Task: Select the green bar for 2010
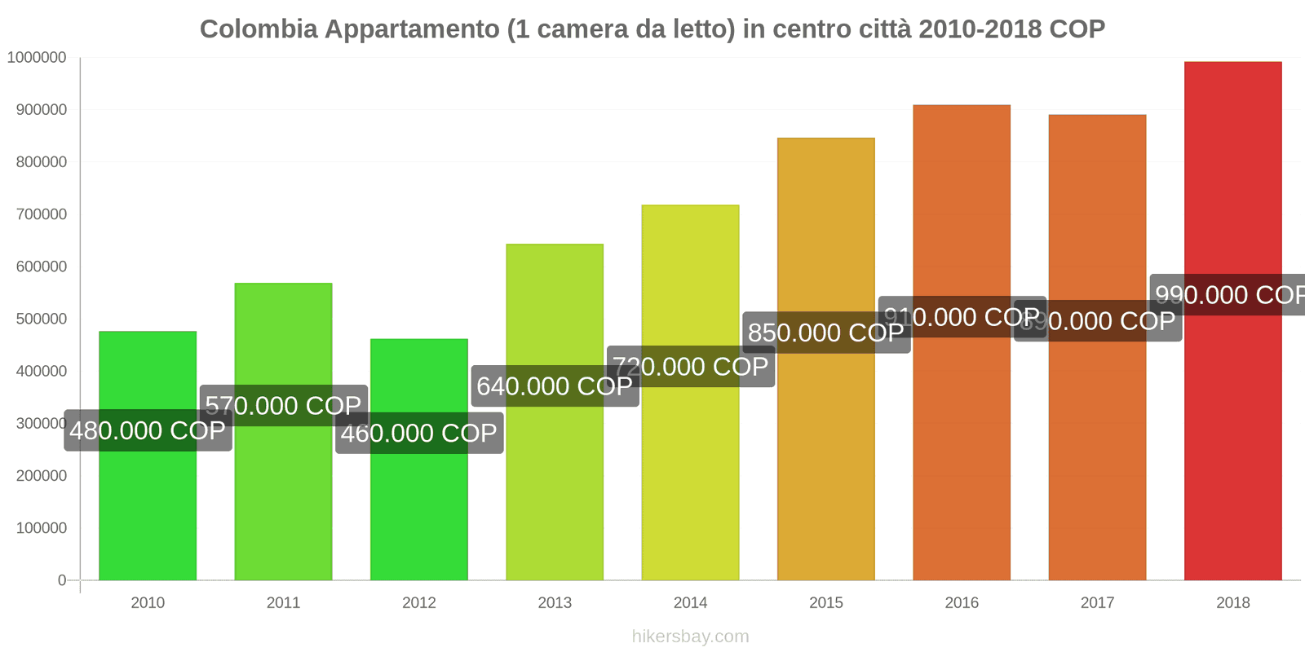tap(148, 505)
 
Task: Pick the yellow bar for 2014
tap(690, 473)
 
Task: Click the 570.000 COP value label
tap(283, 405)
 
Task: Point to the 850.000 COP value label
tap(825, 333)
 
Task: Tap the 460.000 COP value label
tap(418, 433)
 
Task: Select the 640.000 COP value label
tap(555, 385)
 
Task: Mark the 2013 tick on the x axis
tap(555, 602)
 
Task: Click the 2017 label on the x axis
tap(1097, 602)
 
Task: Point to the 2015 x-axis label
tap(825, 602)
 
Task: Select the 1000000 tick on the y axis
tap(37, 58)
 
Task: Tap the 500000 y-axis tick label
tap(41, 319)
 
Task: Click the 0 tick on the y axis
tap(62, 580)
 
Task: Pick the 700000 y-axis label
tap(41, 214)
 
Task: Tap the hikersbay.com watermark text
tap(690, 637)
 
